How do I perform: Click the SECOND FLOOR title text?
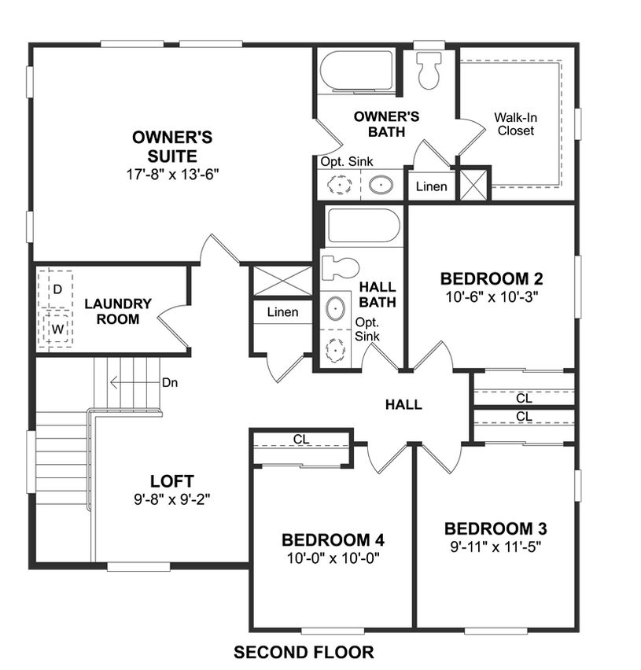pyautogui.click(x=304, y=652)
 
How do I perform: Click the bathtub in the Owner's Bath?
pyautogui.click(x=356, y=72)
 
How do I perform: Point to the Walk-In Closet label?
pyautogui.click(x=516, y=124)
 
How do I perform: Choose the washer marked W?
pyautogui.click(x=57, y=329)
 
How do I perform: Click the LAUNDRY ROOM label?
pyautogui.click(x=118, y=311)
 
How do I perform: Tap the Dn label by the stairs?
pyautogui.click(x=170, y=382)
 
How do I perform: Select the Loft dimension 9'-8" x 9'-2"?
pyautogui.click(x=171, y=499)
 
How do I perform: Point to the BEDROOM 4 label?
pyautogui.click(x=333, y=540)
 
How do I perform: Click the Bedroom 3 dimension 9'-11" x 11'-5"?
pyautogui.click(x=495, y=547)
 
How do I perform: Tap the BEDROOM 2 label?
pyautogui.click(x=492, y=278)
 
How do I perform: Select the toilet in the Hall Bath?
pyautogui.click(x=340, y=268)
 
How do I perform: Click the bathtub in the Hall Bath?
pyautogui.click(x=363, y=226)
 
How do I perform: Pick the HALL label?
pyautogui.click(x=403, y=405)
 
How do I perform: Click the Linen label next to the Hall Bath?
pyautogui.click(x=283, y=312)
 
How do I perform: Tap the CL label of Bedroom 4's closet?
pyautogui.click(x=301, y=439)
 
